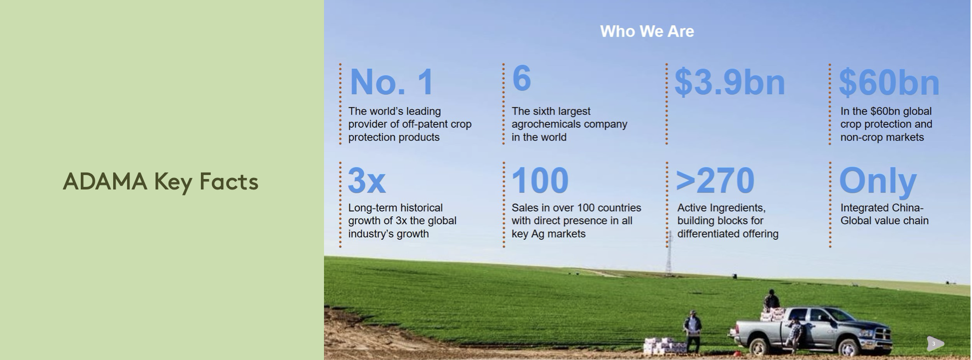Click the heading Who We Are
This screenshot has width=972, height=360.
tap(647, 31)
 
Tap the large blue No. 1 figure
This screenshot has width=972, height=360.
tap(392, 82)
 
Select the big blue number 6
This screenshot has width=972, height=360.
tap(521, 78)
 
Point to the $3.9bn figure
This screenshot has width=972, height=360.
tap(730, 82)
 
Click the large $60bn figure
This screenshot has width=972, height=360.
tap(889, 83)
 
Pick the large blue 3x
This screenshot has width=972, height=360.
tap(367, 180)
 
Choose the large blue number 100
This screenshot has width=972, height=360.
tap(540, 180)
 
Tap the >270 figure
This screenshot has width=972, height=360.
tap(715, 180)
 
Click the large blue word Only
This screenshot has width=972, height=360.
tap(878, 181)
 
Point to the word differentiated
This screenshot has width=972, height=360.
tap(705, 234)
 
